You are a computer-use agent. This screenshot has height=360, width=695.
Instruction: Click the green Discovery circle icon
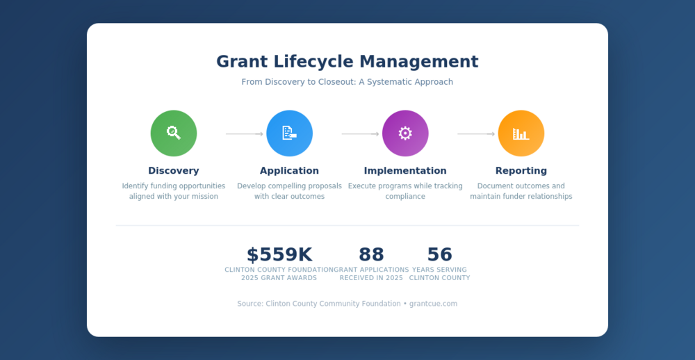point(174,133)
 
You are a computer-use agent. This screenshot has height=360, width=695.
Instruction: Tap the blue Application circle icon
point(289,133)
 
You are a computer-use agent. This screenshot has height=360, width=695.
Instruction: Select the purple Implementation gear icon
point(405,133)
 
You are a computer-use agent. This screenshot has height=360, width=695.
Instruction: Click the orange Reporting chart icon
point(521,133)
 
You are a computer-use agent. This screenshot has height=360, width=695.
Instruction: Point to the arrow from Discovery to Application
point(245,134)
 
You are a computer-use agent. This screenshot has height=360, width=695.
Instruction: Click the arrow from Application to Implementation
point(360,134)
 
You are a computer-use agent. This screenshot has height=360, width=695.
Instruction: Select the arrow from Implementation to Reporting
point(476,134)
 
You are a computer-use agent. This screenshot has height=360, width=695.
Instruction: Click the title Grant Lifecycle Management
point(347,62)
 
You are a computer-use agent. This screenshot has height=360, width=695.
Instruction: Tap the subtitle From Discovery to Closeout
point(347,82)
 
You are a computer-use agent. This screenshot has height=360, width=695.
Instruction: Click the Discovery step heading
point(174,171)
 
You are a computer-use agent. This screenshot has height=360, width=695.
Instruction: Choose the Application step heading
point(289,171)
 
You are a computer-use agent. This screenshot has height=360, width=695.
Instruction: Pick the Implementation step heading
point(405,171)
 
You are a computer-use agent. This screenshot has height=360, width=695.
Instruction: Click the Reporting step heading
point(521,171)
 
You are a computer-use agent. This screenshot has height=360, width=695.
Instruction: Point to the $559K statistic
point(279,255)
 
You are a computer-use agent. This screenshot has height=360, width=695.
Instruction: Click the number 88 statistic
point(371,255)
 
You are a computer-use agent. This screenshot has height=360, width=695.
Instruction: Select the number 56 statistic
point(439,255)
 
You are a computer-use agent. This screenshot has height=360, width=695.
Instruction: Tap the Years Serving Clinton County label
point(439,274)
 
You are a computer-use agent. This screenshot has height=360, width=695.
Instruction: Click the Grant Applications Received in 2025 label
point(371,274)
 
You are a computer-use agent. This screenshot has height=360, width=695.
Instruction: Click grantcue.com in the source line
point(433,304)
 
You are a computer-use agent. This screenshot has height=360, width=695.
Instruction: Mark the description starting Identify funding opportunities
point(174,191)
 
